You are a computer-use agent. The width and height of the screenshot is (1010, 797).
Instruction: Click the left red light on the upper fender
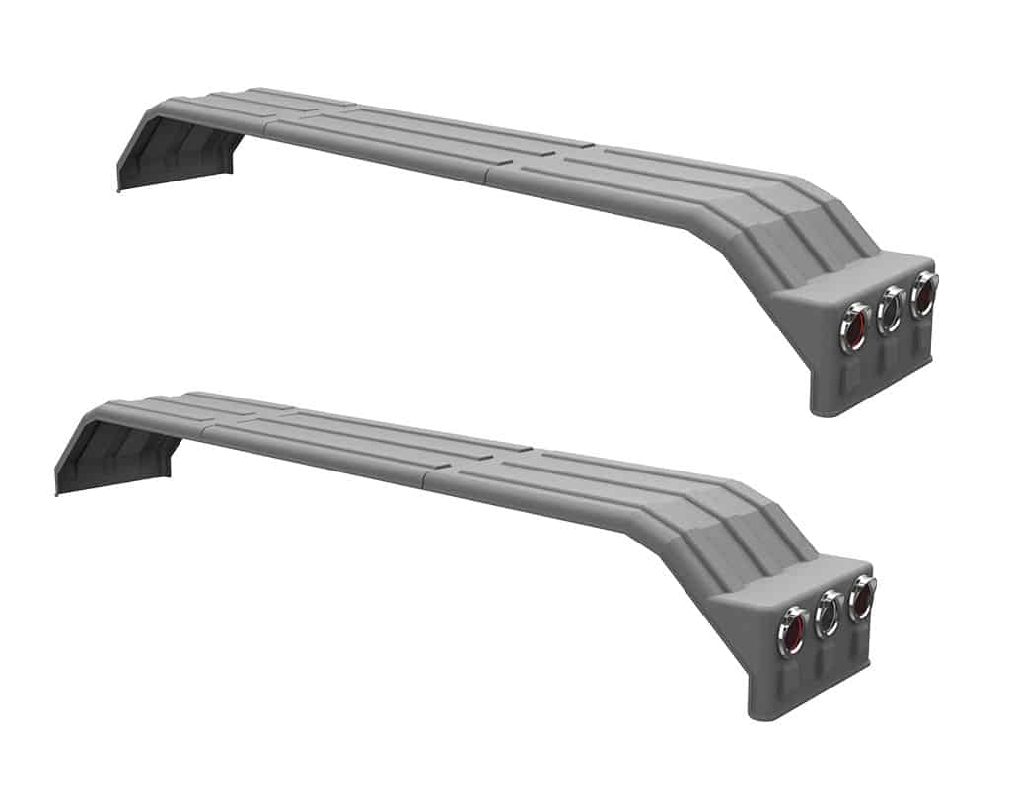(855, 326)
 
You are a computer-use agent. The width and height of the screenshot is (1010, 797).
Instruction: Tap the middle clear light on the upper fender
(891, 310)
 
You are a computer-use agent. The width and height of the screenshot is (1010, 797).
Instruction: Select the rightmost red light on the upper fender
(924, 293)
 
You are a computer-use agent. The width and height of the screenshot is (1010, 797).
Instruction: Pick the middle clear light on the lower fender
(829, 613)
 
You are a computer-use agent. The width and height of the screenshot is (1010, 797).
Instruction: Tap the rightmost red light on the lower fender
(862, 597)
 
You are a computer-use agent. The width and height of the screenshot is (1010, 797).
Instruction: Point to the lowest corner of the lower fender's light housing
(755, 716)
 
